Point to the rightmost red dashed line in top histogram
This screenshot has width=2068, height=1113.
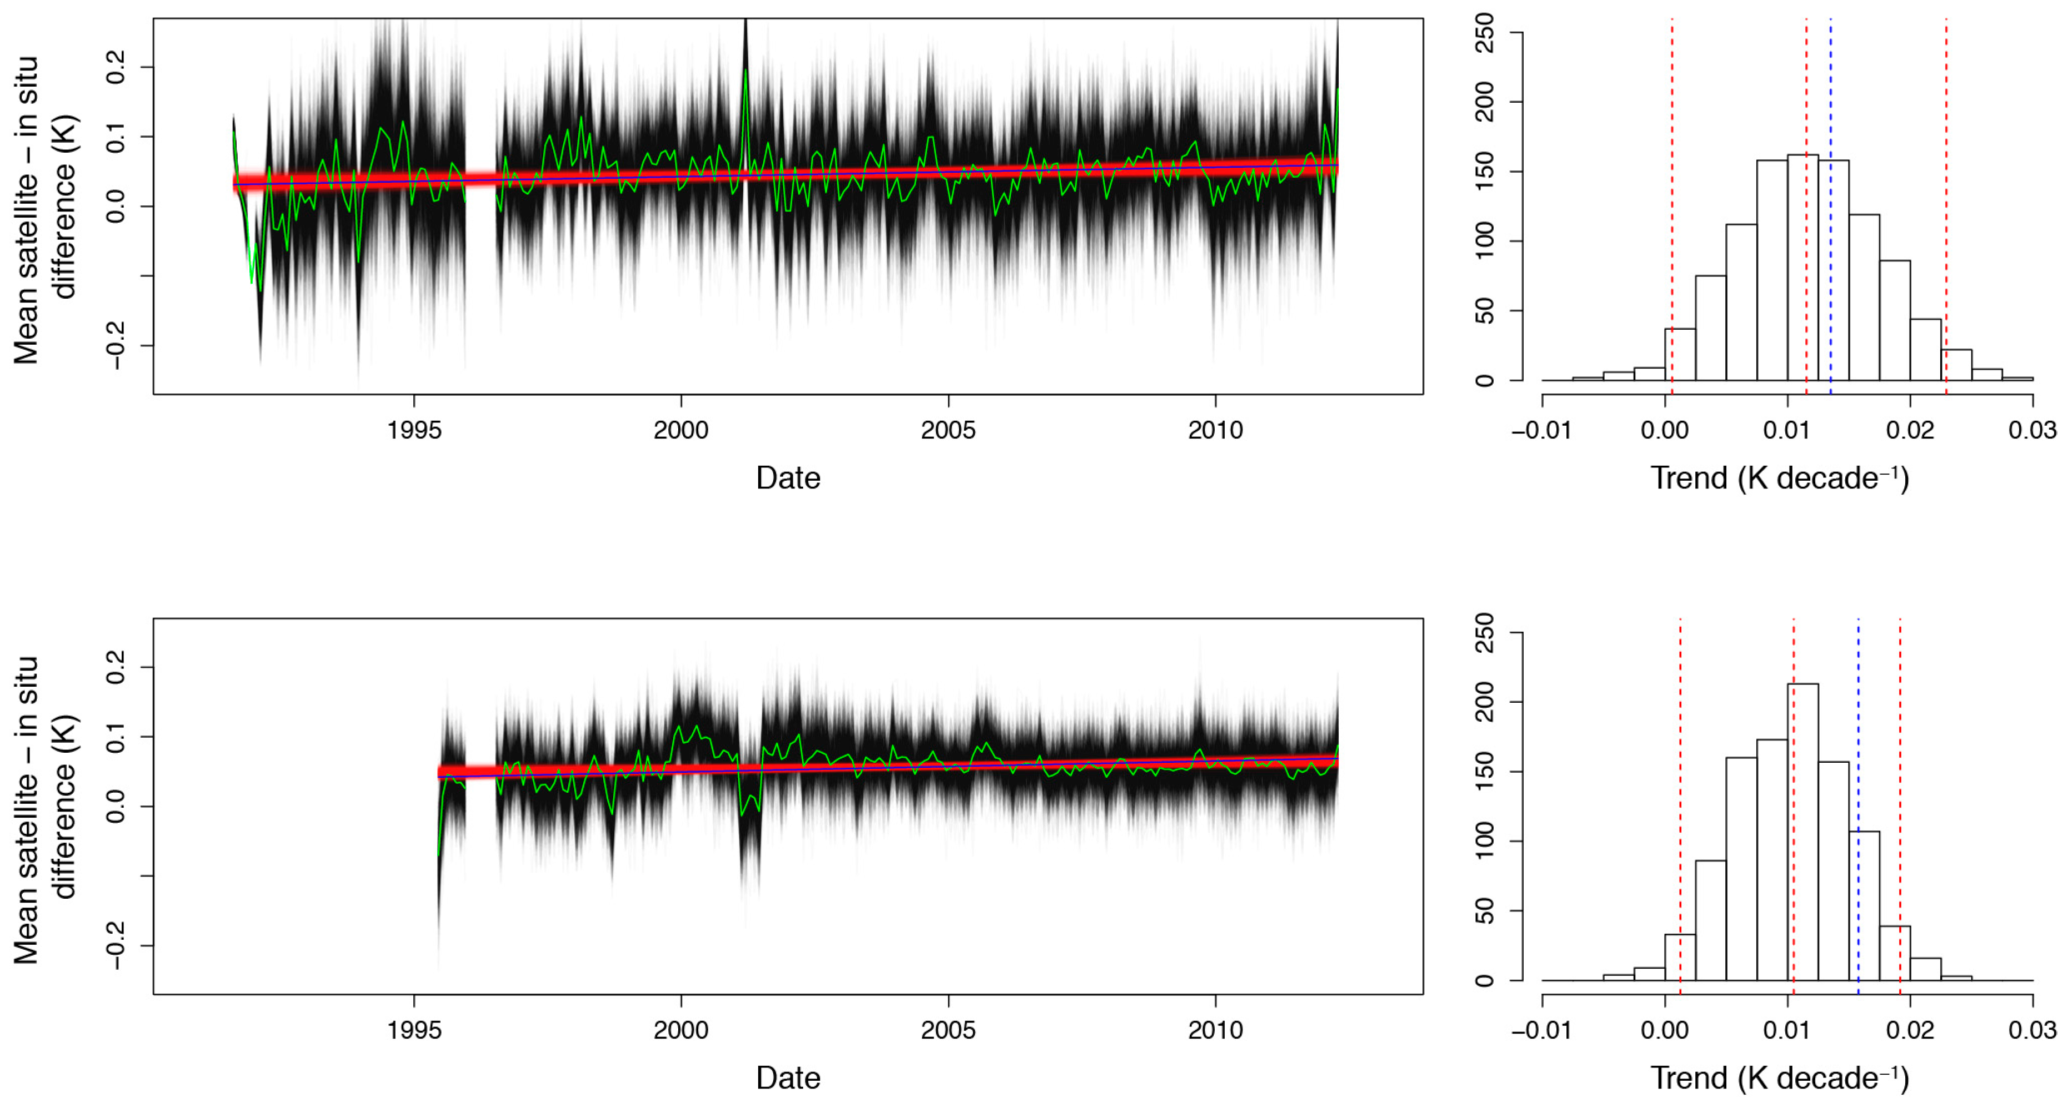tap(1946, 200)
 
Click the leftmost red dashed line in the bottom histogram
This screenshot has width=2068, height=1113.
tap(1680, 803)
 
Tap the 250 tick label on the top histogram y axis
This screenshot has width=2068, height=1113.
tap(1485, 33)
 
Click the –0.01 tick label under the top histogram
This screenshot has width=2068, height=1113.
tap(1541, 431)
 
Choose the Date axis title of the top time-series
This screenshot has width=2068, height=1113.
tap(788, 479)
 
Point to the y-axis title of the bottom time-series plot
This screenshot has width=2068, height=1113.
tap(44, 807)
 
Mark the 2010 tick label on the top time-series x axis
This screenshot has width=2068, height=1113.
tap(1215, 431)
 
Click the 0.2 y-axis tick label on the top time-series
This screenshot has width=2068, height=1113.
tap(117, 67)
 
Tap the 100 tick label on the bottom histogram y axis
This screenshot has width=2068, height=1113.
tap(1485, 841)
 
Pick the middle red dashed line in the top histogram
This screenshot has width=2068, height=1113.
tap(1806, 200)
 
